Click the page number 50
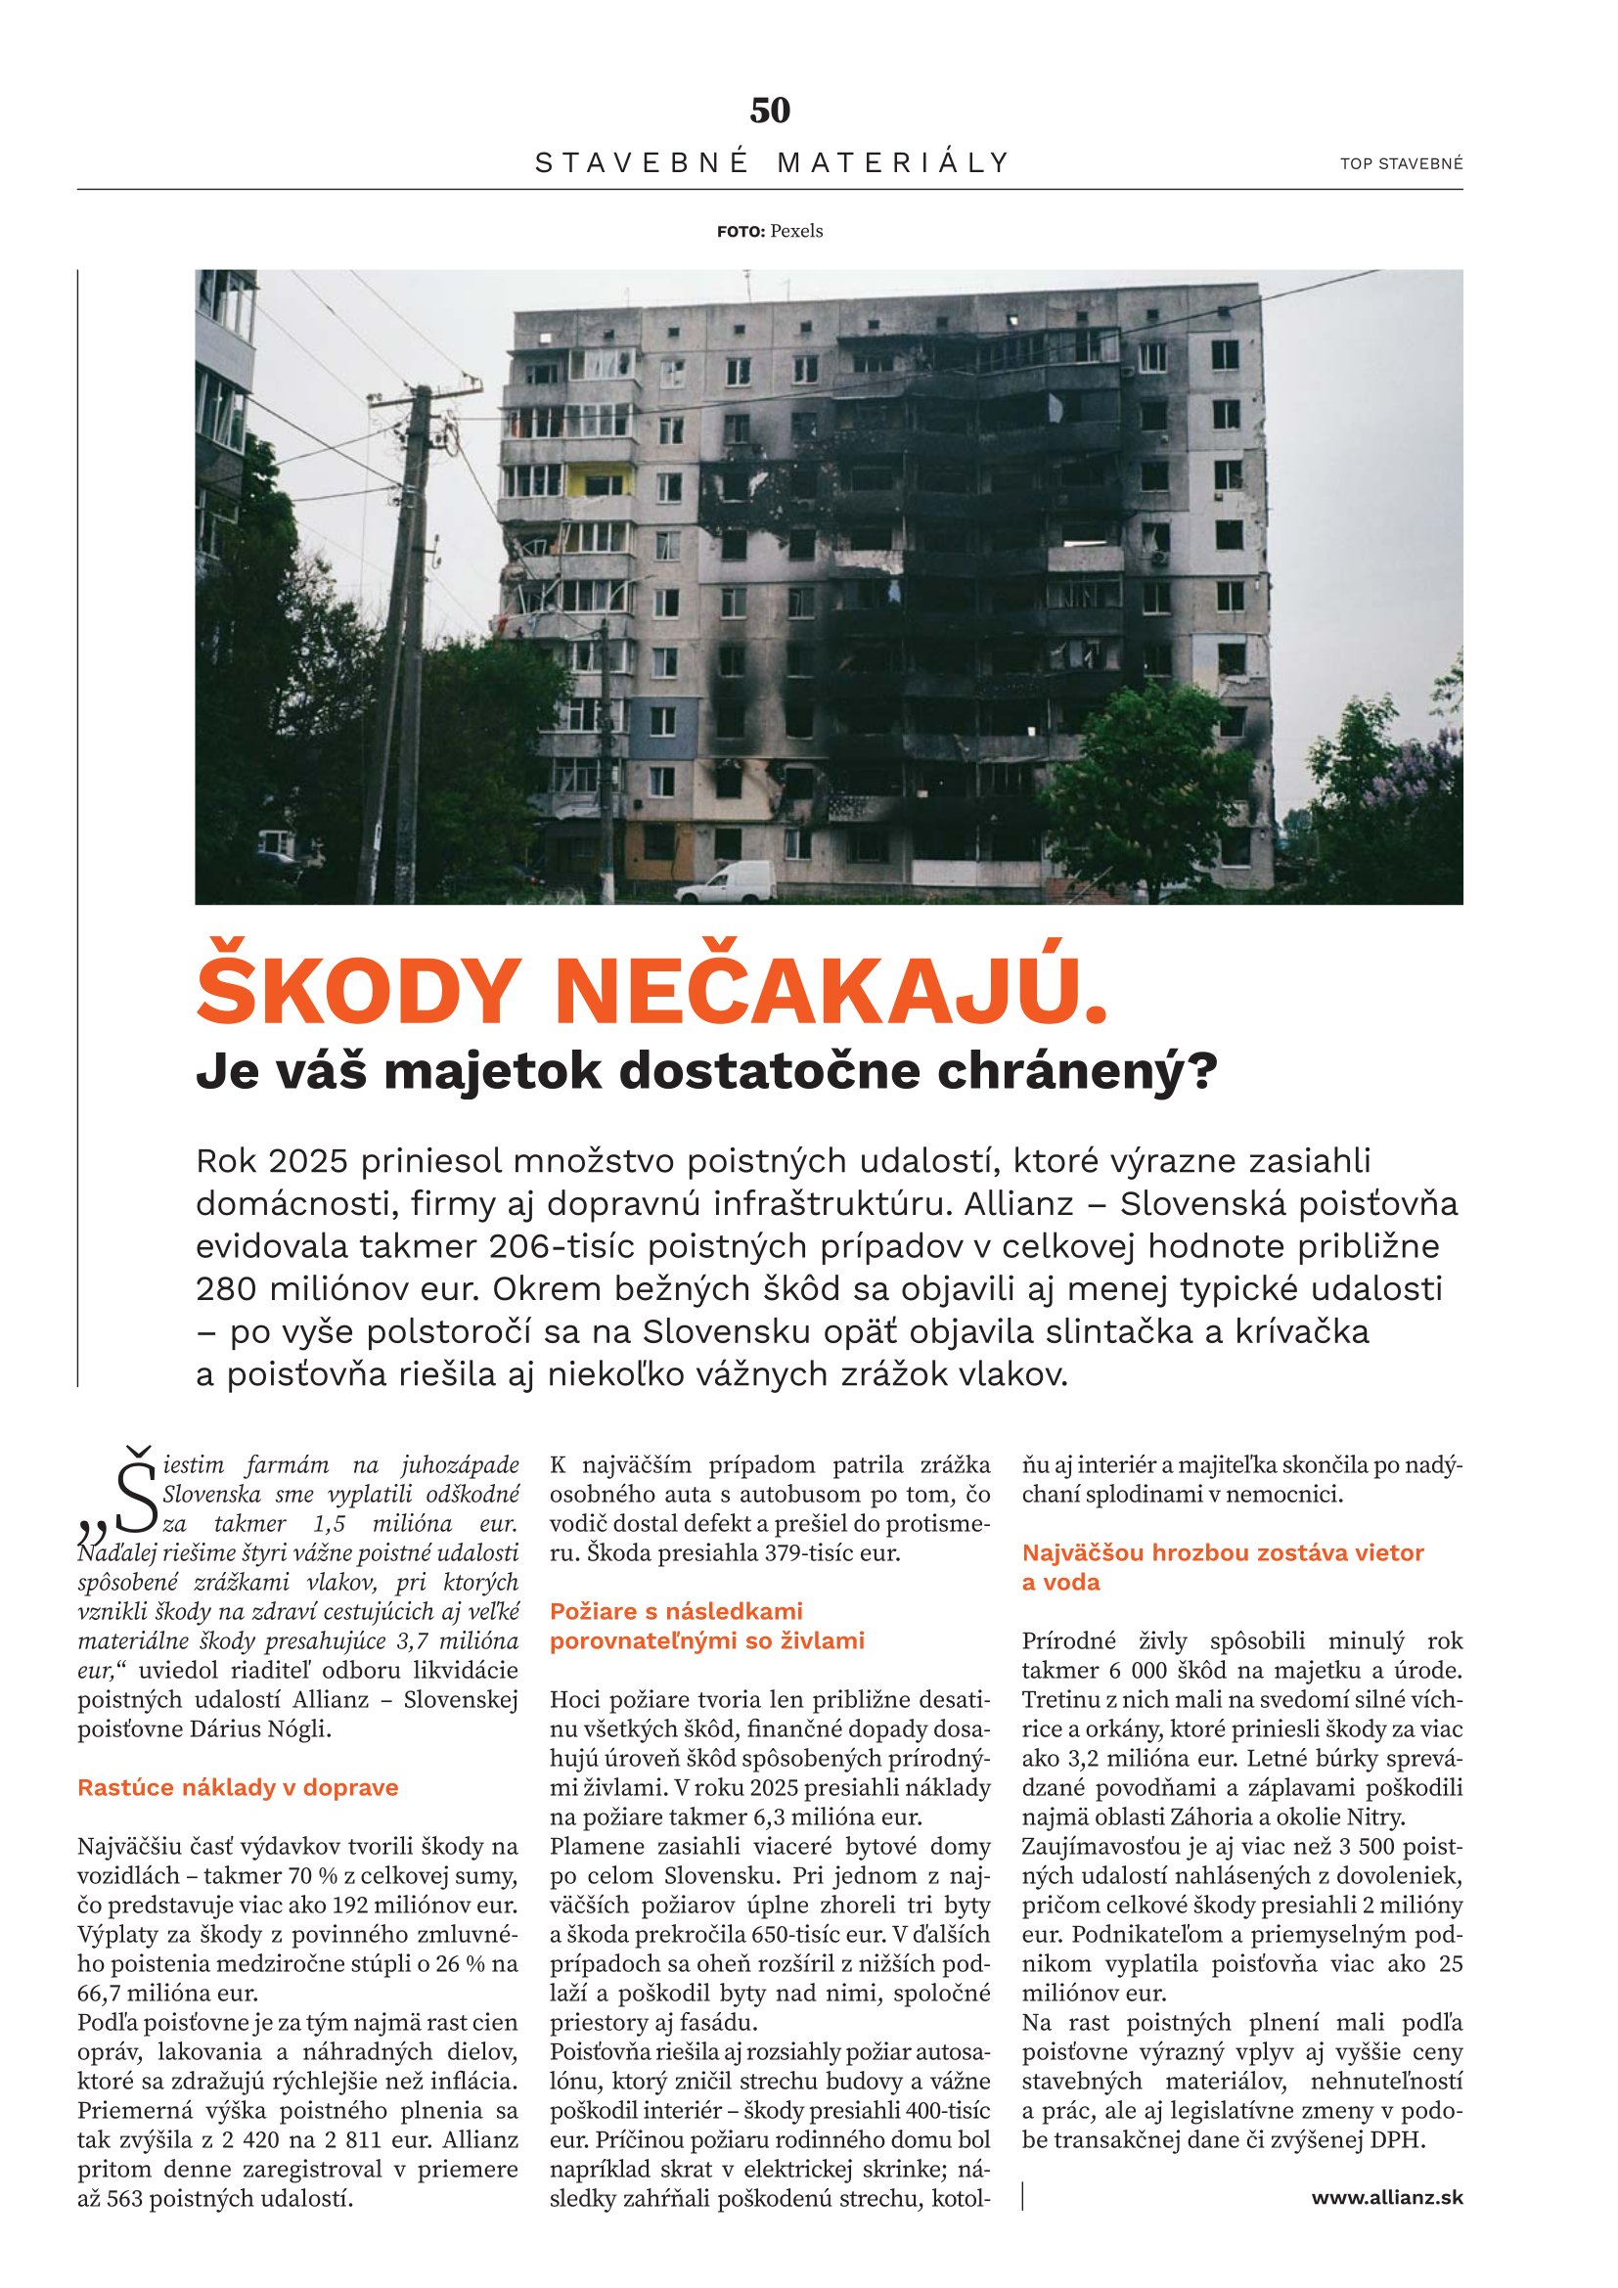click(x=769, y=111)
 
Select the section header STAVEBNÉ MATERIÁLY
click(x=772, y=162)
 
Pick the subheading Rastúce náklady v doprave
click(x=237, y=1787)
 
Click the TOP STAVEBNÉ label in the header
click(x=1401, y=163)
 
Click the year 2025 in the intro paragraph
click(x=307, y=1161)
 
